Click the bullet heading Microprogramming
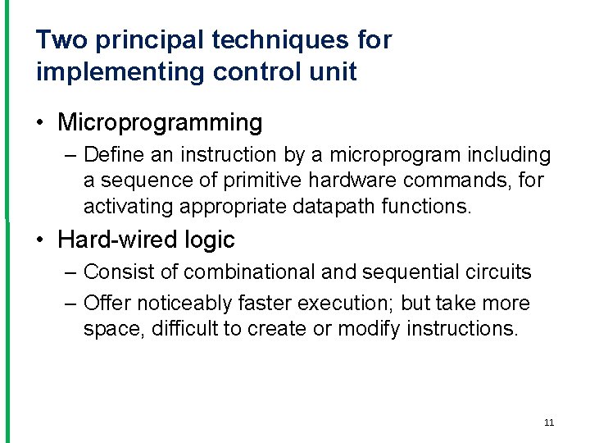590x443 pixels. coord(160,123)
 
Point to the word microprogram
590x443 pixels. coord(406,155)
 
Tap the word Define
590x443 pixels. coord(111,155)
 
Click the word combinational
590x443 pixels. coord(252,272)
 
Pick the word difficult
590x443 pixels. coord(182,328)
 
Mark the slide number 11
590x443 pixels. coord(549,422)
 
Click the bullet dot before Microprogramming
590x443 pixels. coord(41,124)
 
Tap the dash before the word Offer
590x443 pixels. coord(70,303)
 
